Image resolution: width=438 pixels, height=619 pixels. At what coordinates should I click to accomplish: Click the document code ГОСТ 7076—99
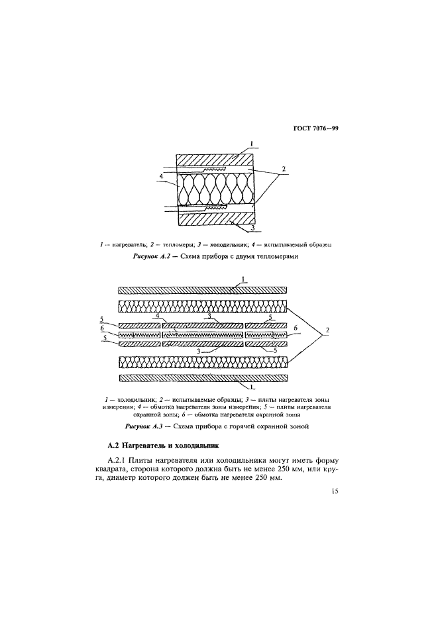click(x=316, y=128)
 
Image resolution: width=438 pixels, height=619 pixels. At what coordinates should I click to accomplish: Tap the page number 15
click(x=335, y=491)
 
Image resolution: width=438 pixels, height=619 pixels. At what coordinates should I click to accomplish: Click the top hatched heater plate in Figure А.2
click(x=216, y=160)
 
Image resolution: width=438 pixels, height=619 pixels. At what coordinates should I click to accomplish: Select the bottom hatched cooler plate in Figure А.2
click(x=216, y=220)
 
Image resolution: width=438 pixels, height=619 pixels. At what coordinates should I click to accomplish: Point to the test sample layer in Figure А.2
click(x=216, y=189)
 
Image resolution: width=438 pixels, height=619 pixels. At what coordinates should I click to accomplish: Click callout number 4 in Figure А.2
click(x=161, y=176)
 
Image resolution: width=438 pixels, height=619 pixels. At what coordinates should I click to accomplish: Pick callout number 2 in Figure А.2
click(x=284, y=169)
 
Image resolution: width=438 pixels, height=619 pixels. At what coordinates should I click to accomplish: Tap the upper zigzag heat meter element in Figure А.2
click(x=214, y=169)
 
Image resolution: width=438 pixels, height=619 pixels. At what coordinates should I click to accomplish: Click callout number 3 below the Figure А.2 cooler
click(x=253, y=228)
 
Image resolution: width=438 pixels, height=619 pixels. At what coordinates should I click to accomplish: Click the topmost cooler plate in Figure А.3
click(x=203, y=290)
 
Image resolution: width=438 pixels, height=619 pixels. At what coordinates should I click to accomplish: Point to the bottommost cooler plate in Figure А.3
click(x=203, y=378)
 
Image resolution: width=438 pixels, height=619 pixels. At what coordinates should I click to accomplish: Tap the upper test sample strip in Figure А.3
click(x=203, y=306)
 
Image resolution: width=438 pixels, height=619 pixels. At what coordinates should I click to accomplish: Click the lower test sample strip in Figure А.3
click(x=203, y=361)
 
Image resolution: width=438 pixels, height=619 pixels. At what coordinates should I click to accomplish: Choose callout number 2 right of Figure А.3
click(x=327, y=330)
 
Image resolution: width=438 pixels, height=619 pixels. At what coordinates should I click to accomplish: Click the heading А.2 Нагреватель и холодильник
click(x=163, y=446)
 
